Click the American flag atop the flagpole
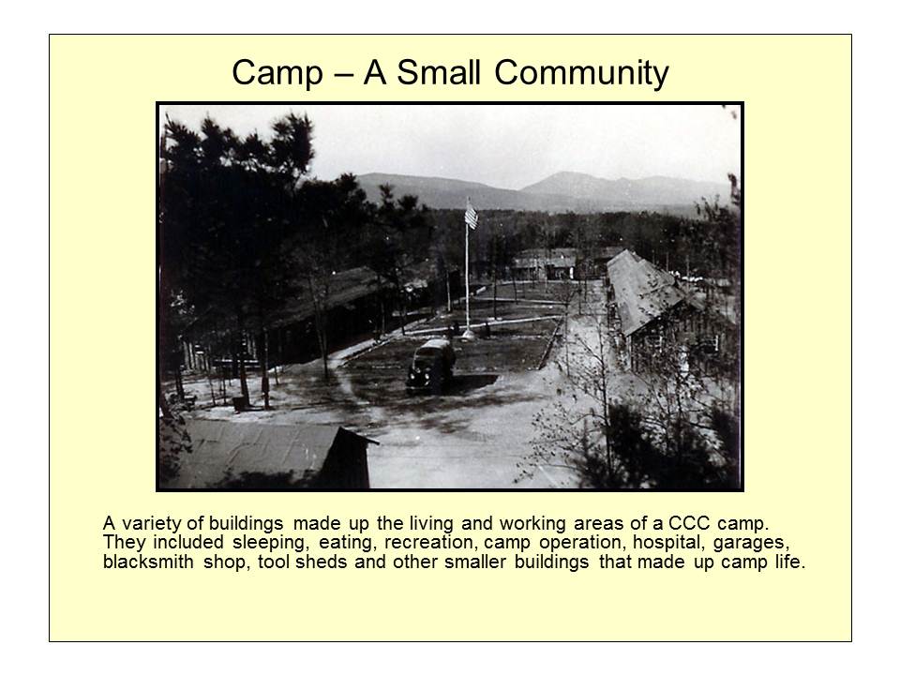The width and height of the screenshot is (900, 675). [471, 217]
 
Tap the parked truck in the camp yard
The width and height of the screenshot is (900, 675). [429, 363]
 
